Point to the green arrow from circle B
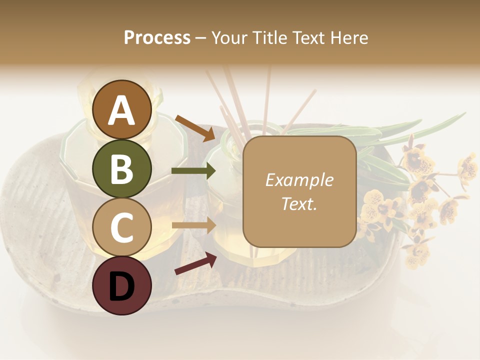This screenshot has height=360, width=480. (x=193, y=171)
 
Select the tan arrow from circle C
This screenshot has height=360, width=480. (x=193, y=225)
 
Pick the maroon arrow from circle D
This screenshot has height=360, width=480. (x=195, y=263)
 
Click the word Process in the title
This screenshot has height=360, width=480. (x=157, y=37)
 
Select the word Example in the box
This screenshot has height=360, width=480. (x=299, y=180)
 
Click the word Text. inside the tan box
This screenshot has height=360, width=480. (x=299, y=203)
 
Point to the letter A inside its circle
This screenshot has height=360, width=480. (x=122, y=110)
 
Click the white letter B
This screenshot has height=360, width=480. (x=122, y=169)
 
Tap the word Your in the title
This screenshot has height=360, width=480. (x=228, y=37)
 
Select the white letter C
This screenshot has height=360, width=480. (x=122, y=228)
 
